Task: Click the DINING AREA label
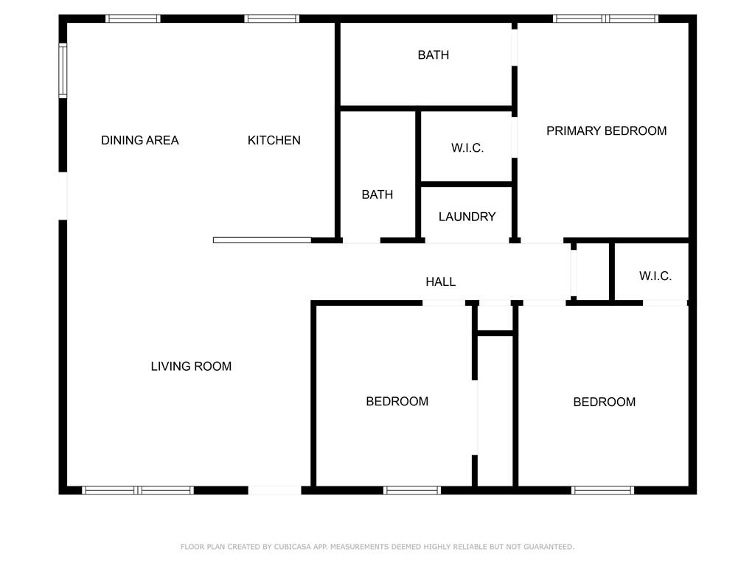(139, 140)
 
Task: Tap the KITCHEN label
(274, 140)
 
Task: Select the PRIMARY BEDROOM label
(606, 130)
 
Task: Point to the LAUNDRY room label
(467, 217)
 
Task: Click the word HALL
(440, 282)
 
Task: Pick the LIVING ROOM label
(191, 366)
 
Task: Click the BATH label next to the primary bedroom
(433, 55)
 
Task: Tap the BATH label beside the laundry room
(377, 195)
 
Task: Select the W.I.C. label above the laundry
(467, 148)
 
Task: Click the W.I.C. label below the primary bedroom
(655, 276)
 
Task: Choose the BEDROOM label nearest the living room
(397, 402)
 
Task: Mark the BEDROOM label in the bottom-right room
(604, 402)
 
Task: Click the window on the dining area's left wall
(63, 71)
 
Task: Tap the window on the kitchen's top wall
(271, 18)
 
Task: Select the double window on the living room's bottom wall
(138, 490)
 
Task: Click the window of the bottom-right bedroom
(603, 490)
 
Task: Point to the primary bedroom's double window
(605, 18)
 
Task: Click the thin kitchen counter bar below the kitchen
(262, 240)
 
